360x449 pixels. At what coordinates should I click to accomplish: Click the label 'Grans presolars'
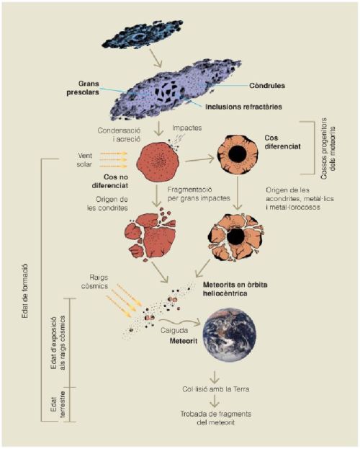point(83,88)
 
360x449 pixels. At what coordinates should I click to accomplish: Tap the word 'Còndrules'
point(267,85)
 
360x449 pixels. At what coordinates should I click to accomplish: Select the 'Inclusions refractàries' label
point(244,107)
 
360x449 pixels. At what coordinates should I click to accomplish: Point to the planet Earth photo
point(229,334)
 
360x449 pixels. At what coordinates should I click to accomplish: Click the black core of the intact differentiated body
point(237,154)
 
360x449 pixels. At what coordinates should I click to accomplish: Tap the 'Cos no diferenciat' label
point(110,181)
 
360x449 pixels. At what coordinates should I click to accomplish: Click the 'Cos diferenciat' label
point(282,142)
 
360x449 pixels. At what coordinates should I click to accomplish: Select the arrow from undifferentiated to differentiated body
point(199,159)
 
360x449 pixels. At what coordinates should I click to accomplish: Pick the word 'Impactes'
point(187,128)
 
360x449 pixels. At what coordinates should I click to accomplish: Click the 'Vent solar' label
point(85,160)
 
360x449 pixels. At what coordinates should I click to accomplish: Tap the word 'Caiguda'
point(174,331)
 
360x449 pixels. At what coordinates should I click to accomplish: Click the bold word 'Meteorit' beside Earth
point(184,341)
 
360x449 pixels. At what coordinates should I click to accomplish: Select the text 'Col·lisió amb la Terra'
point(216,389)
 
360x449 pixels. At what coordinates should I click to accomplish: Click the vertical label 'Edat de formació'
point(25,290)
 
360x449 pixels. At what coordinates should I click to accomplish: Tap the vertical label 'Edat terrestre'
point(58,404)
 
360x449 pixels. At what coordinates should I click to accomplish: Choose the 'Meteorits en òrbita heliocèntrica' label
point(235,289)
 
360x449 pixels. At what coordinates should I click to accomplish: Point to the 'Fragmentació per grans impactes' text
point(199,194)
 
